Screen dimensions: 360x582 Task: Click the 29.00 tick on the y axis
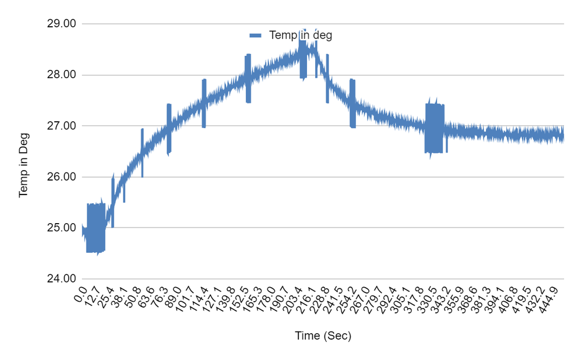pyautogui.click(x=61, y=24)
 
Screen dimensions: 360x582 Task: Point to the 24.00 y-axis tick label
pyautogui.click(x=61, y=278)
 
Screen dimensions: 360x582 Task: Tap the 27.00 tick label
pyautogui.click(x=61, y=126)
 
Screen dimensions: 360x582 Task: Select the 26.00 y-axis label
pyautogui.click(x=61, y=177)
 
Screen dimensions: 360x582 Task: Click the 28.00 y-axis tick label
pyautogui.click(x=61, y=75)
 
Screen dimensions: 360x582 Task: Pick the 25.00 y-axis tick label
pyautogui.click(x=61, y=228)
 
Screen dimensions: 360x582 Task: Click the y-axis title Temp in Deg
pyautogui.click(x=23, y=165)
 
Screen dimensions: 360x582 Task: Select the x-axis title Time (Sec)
pyautogui.click(x=323, y=336)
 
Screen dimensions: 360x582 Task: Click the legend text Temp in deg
pyautogui.click(x=301, y=35)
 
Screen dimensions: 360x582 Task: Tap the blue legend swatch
pyautogui.click(x=256, y=35)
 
